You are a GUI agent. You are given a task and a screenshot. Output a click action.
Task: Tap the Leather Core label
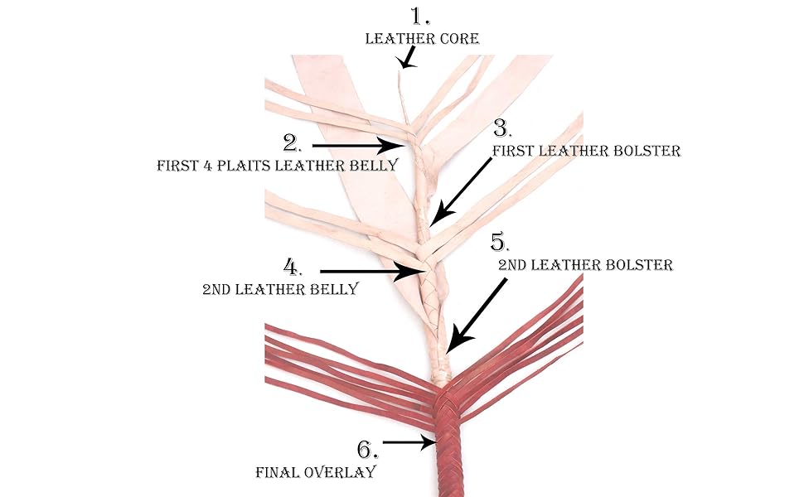[x=423, y=38]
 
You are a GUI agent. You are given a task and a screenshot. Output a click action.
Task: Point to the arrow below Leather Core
[x=408, y=57]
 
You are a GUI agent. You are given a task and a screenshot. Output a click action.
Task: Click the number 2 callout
[x=292, y=143]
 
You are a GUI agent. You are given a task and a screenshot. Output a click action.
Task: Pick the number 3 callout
[x=503, y=128]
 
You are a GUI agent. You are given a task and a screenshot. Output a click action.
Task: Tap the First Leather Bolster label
[x=586, y=151]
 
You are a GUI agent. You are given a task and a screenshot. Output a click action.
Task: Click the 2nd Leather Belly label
[x=280, y=290]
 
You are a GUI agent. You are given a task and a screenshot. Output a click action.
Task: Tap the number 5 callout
[x=499, y=243]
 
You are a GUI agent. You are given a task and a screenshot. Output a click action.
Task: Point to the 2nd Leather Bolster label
[x=585, y=265]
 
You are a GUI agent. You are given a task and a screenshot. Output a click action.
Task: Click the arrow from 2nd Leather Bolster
[x=477, y=316]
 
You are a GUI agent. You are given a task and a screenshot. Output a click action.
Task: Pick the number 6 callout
[x=367, y=450]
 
